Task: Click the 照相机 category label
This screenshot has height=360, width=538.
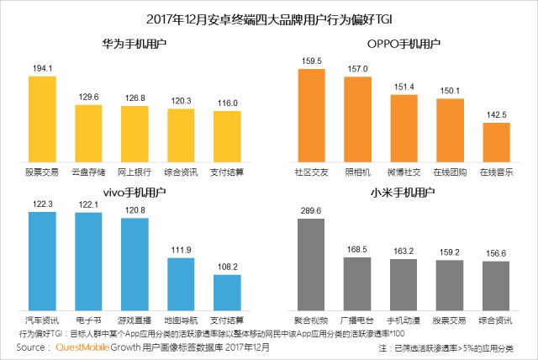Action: (358, 172)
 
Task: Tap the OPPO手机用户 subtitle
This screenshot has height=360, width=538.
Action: (403, 43)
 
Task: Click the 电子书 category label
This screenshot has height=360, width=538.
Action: (88, 321)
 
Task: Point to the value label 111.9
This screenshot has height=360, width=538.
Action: (181, 250)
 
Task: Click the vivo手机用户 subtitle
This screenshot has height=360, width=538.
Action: (134, 193)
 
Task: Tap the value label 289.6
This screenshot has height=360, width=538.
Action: (312, 210)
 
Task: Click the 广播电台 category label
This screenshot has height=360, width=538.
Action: (358, 321)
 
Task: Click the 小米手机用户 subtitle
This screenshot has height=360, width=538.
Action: (403, 193)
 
